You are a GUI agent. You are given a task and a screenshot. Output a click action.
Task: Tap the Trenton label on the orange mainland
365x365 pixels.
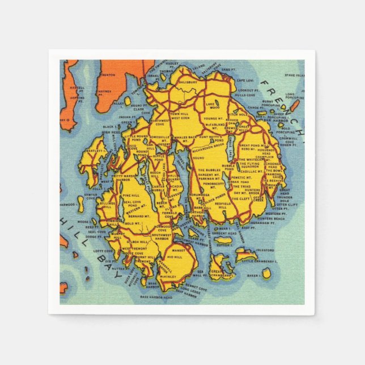(108, 75)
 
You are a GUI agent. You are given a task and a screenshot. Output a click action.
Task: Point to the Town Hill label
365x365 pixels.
(179, 114)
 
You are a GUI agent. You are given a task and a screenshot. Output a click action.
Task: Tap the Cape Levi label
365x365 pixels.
(245, 80)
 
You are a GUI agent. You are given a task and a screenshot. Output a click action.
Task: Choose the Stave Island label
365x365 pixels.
(294, 75)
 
